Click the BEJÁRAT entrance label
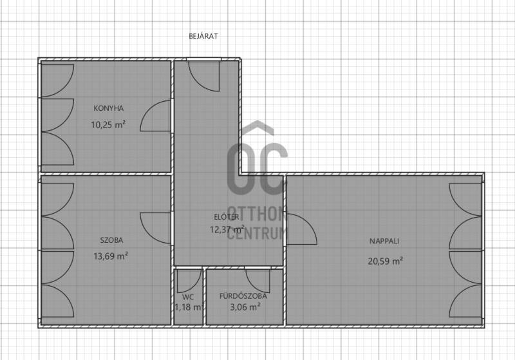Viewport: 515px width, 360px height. tap(203, 36)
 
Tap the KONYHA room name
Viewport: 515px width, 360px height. tap(108, 108)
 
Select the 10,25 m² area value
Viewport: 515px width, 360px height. tap(108, 124)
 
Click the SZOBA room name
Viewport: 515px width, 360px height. tap(111, 240)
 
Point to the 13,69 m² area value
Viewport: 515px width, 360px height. tap(111, 256)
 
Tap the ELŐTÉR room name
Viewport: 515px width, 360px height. tap(227, 217)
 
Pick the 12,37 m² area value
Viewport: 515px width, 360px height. tap(227, 229)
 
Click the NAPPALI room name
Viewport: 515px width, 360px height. tap(384, 241)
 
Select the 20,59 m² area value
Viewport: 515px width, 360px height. tap(385, 261)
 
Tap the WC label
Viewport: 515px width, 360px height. tap(188, 298)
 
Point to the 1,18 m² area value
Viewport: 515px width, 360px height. tap(188, 307)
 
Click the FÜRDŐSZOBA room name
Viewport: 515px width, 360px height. tap(243, 296)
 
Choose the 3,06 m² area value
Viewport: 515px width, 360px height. tap(245, 307)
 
